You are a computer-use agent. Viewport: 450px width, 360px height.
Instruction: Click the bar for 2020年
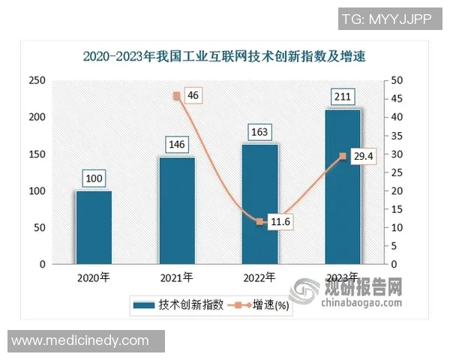94,228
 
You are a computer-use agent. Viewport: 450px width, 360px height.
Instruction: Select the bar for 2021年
177,211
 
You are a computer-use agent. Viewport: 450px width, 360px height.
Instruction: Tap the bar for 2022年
260,205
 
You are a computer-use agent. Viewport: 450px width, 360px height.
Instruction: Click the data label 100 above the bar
94,178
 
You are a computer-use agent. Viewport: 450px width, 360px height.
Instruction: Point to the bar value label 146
177,144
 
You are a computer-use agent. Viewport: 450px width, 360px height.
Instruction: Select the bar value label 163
260,132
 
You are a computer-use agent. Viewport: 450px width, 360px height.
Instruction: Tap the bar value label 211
343,97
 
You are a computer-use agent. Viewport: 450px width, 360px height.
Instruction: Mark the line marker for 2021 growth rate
177,95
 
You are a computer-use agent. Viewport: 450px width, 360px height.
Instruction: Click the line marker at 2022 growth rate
260,222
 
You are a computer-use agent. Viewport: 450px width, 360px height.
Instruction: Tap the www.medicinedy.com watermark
81,341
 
